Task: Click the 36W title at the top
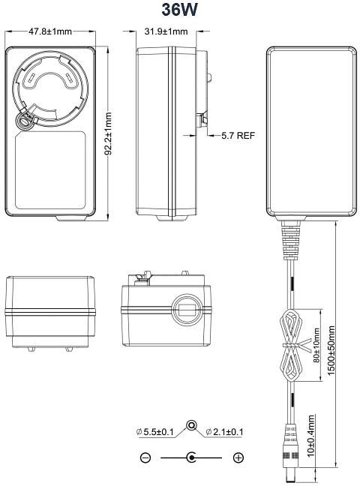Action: (179, 10)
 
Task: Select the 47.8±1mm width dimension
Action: (50, 31)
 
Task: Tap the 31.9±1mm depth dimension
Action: (166, 31)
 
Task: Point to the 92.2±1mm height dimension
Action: (108, 133)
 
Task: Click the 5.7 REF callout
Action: (238, 136)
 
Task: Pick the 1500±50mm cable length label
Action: (331, 350)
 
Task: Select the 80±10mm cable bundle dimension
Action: (316, 346)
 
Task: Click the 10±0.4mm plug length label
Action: (311, 436)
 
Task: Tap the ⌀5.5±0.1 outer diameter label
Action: (155, 432)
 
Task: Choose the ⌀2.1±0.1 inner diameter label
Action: (225, 432)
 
